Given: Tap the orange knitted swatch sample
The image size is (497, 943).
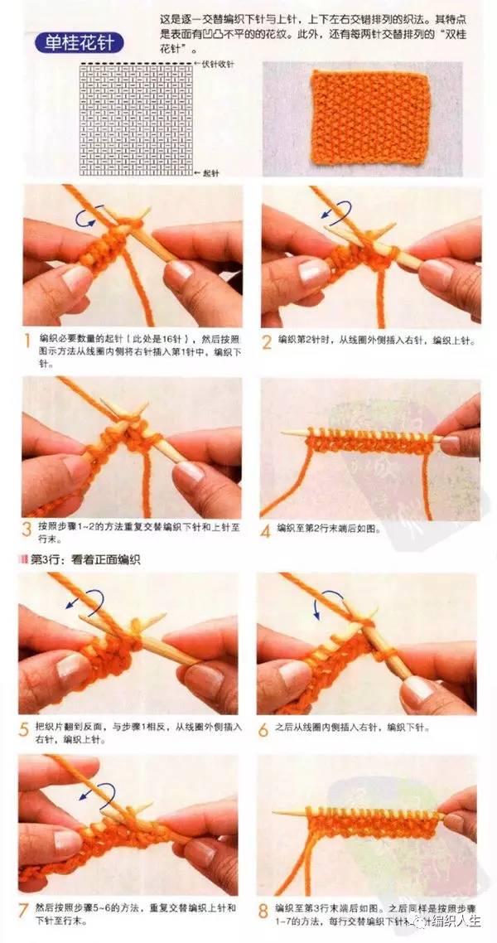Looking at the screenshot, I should click(369, 116).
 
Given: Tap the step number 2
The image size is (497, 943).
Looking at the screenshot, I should click(267, 341).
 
